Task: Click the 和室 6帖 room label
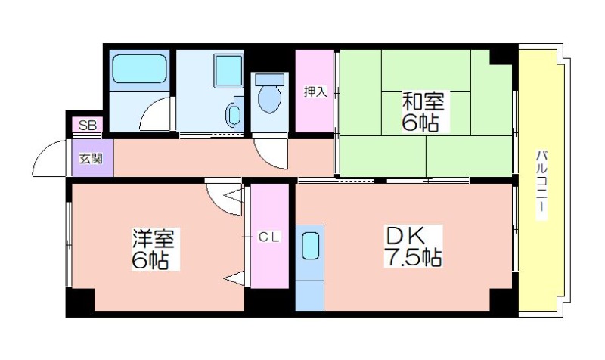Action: click(423, 112)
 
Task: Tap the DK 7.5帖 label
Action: click(412, 246)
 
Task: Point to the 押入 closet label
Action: click(315, 92)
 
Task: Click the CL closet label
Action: click(269, 237)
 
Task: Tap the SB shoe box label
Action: click(88, 125)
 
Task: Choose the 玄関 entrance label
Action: click(91, 159)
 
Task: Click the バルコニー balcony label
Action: click(542, 185)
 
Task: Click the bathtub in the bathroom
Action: click(140, 69)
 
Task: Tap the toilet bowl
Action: click(269, 99)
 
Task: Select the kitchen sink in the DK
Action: click(310, 245)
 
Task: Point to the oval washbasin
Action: click(234, 114)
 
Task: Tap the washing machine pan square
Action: click(228, 71)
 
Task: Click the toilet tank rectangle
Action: click(270, 79)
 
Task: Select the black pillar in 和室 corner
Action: click(501, 57)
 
